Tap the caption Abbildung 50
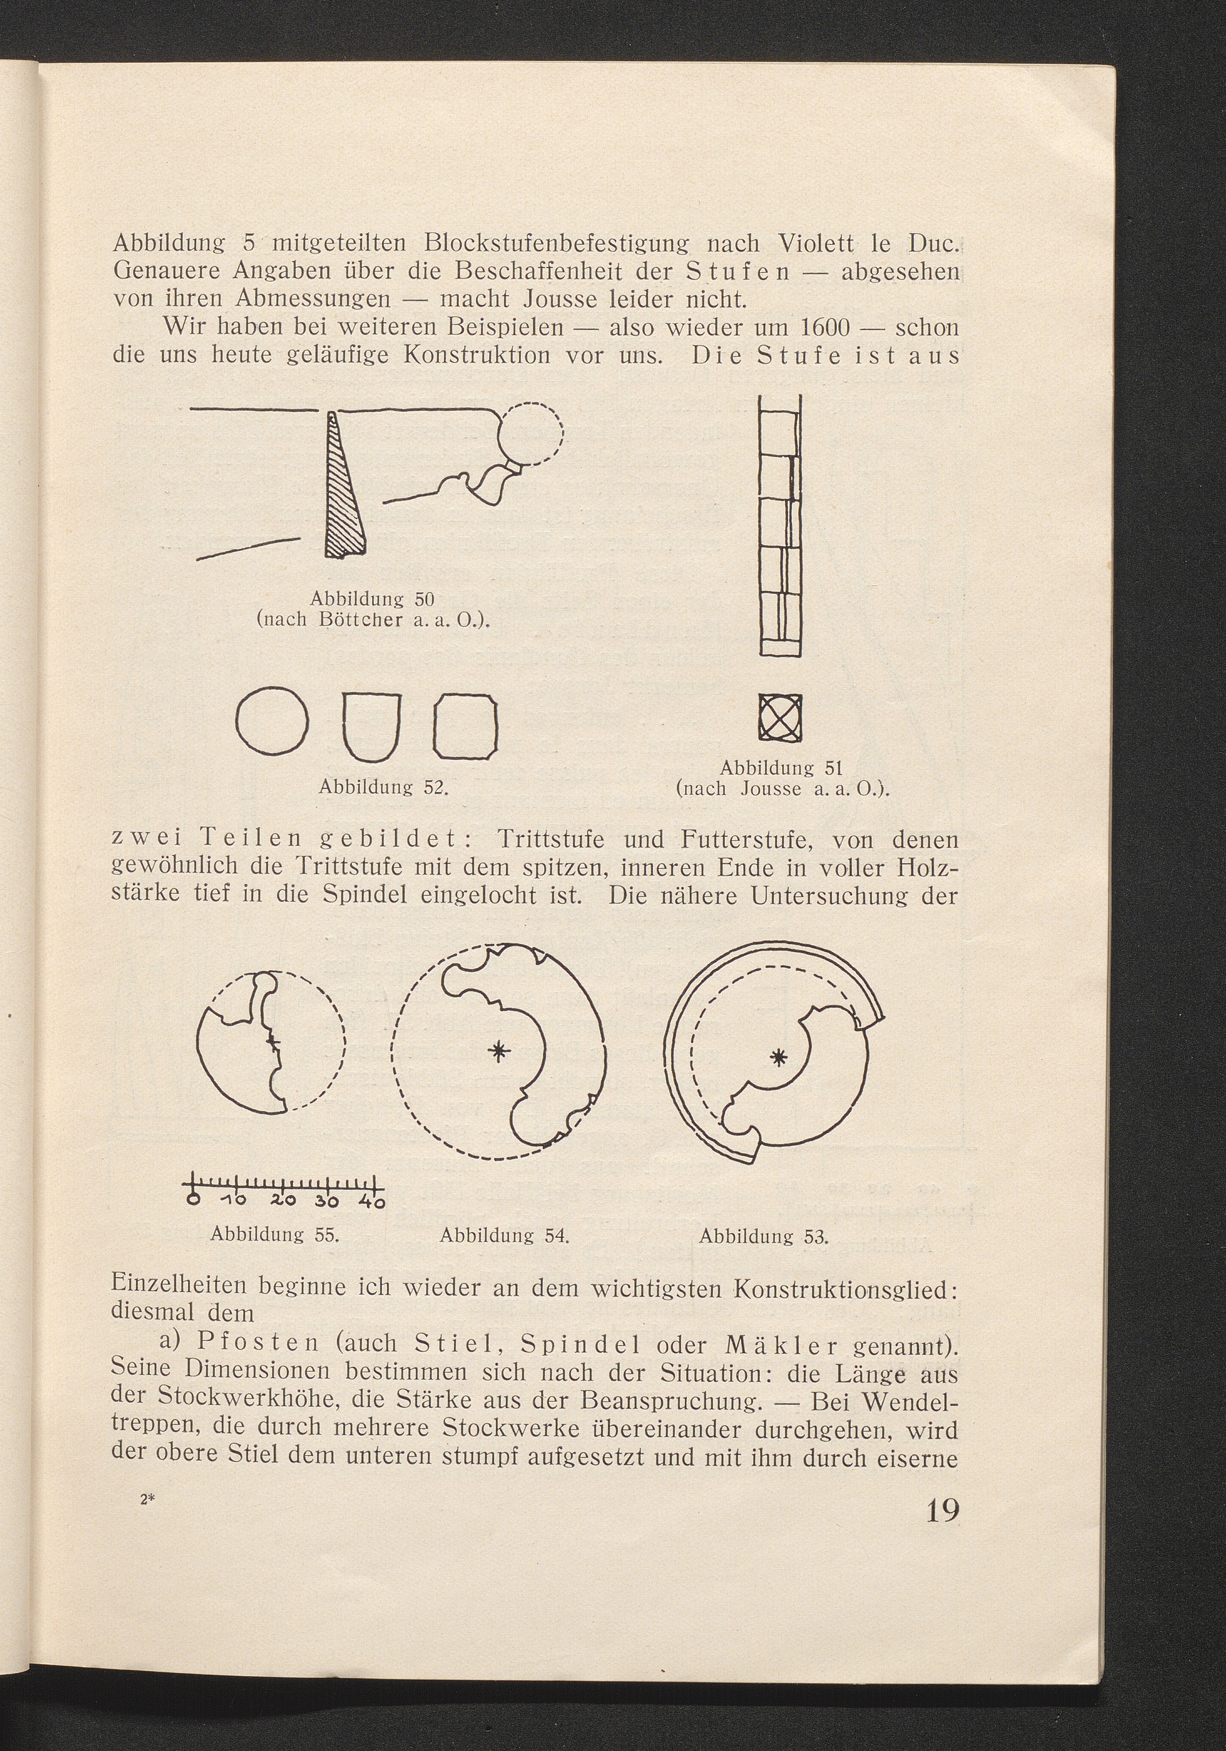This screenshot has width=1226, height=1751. pyautogui.click(x=372, y=597)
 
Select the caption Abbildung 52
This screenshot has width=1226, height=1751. pyautogui.click(x=383, y=786)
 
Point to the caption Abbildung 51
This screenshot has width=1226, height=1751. pyautogui.click(x=781, y=767)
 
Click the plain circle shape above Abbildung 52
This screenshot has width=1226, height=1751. pyautogui.click(x=272, y=721)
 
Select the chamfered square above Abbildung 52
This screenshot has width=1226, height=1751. pyautogui.click(x=465, y=726)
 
